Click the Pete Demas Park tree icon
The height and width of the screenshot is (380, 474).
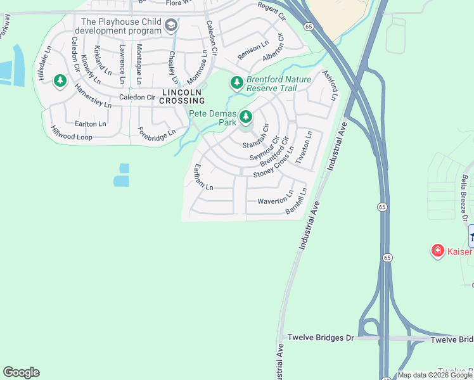click(x=246, y=117)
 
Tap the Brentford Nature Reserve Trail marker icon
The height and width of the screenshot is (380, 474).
click(x=237, y=82)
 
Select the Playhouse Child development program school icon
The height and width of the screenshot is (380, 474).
click(x=170, y=25)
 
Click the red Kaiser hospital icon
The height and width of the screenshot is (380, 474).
click(x=437, y=251)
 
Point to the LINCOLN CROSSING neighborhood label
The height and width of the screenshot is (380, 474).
click(x=183, y=96)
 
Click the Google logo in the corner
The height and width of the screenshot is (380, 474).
click(x=21, y=372)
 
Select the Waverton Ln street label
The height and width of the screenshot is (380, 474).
click(x=275, y=201)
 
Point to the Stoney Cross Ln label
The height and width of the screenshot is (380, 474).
click(x=274, y=163)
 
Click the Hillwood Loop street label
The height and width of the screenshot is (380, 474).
click(x=71, y=132)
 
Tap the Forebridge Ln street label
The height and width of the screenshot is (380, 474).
click(x=157, y=133)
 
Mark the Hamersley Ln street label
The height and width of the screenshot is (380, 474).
click(x=92, y=96)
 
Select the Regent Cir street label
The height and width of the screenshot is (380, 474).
click(x=272, y=11)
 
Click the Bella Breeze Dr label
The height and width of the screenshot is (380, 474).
click(x=465, y=198)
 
